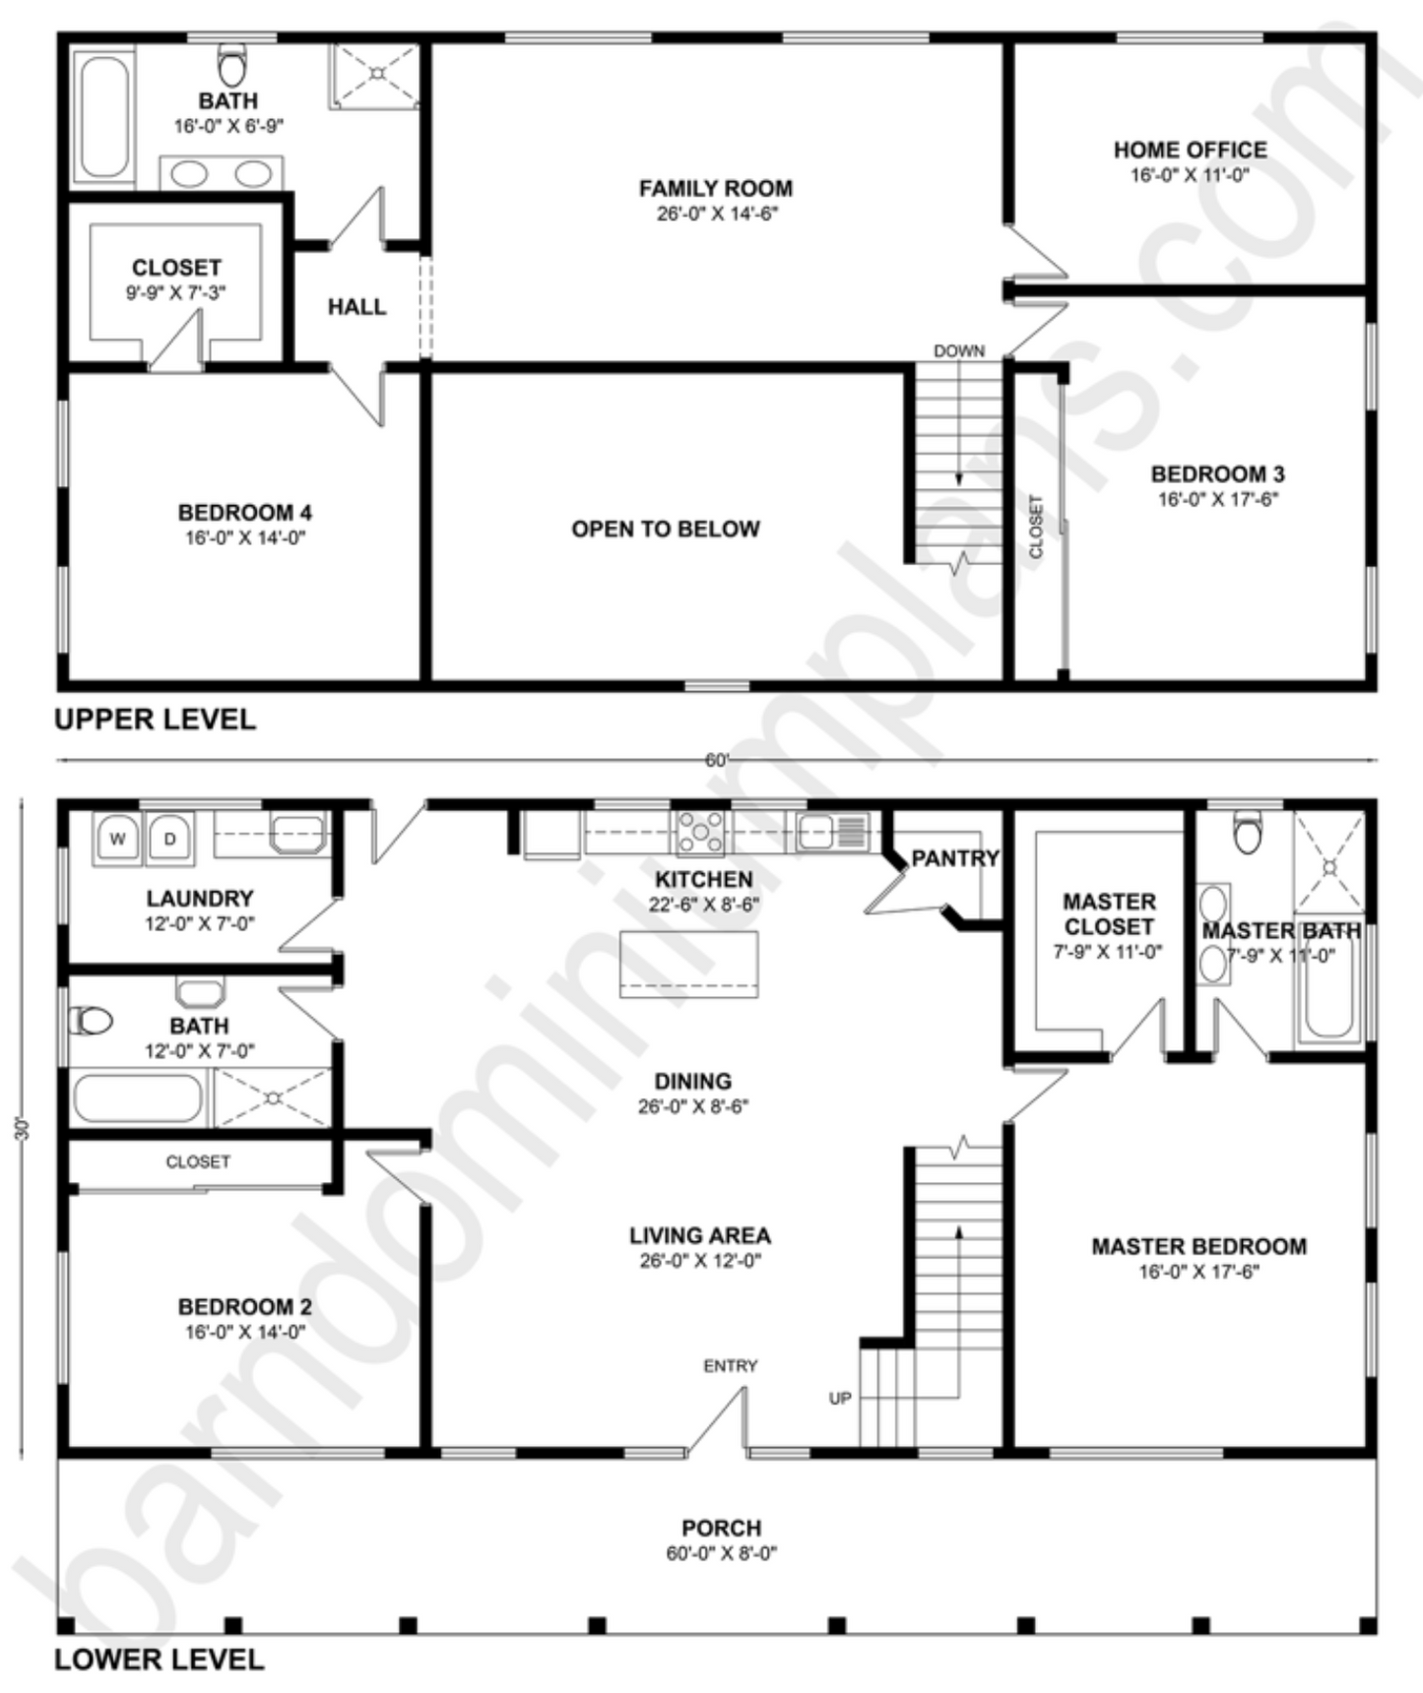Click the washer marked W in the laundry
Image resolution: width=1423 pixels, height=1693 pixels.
117,840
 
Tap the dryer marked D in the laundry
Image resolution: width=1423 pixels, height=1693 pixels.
169,840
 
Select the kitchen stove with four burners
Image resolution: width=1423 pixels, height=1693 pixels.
701,832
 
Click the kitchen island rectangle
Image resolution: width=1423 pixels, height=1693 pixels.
688,965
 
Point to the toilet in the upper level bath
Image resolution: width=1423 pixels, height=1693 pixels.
233,64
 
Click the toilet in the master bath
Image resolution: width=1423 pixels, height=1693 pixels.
1248,833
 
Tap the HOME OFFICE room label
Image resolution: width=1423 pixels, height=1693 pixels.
1190,150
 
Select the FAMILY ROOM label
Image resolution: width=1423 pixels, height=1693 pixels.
716,188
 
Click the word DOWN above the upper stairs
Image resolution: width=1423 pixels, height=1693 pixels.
959,350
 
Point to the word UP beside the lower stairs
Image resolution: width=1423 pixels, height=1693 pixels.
840,1398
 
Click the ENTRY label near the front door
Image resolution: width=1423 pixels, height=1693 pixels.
730,1365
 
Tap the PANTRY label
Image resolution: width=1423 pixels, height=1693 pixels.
955,858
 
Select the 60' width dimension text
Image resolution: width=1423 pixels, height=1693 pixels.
717,760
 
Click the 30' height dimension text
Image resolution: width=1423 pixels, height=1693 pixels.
23,1128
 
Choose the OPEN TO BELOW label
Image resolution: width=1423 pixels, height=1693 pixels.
666,529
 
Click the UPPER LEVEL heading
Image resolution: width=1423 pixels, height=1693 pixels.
155,720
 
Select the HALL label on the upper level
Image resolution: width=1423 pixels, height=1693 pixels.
356,307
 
